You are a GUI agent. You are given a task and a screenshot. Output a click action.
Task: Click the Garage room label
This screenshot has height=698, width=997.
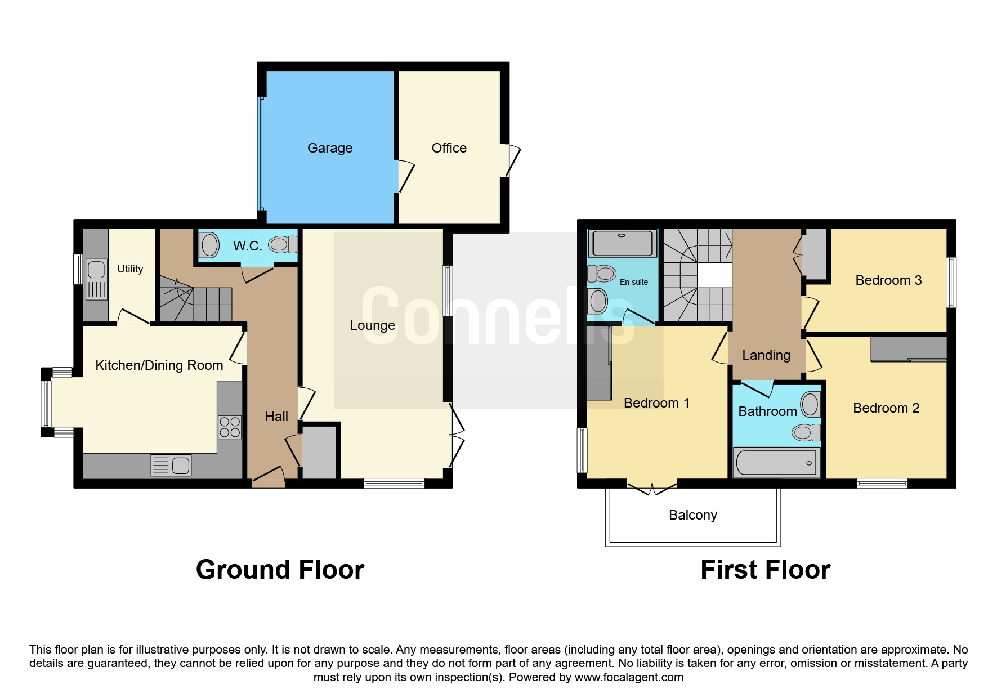coord(330,148)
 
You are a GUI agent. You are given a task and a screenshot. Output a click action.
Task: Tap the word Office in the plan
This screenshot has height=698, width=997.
coord(449,148)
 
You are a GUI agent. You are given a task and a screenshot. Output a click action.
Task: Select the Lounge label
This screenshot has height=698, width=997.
coord(373,325)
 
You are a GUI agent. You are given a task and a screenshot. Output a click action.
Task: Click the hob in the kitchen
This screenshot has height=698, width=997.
coord(230,427)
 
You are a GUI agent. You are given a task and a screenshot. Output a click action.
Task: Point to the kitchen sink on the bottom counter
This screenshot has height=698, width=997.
coord(171,466)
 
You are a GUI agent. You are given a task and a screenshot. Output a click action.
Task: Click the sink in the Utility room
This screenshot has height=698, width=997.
coord(96,280)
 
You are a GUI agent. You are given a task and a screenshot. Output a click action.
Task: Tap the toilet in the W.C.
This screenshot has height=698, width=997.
coord(283,244)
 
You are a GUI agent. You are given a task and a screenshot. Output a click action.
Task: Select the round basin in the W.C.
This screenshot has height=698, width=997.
coord(209,246)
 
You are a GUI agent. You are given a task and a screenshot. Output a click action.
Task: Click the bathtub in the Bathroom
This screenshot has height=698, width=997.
coord(776,463)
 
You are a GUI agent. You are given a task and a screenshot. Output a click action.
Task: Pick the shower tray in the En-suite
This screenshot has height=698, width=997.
coord(622,243)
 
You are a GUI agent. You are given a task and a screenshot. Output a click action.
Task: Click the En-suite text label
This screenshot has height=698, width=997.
coord(634,282)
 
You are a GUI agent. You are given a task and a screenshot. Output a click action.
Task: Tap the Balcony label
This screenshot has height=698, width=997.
coord(693,515)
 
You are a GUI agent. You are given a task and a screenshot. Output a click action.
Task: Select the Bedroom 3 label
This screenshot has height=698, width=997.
coord(888,280)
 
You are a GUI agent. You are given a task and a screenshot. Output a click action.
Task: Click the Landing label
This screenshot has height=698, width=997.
coord(766,355)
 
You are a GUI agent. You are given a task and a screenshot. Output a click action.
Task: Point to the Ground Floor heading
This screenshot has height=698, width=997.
coord(280,570)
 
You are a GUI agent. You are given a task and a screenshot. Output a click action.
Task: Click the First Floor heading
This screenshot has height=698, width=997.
coord(765,570)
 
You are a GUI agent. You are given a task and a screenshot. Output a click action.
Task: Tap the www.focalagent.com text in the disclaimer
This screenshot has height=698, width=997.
coord(629,677)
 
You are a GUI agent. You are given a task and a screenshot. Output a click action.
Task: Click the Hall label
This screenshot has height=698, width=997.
coord(276,417)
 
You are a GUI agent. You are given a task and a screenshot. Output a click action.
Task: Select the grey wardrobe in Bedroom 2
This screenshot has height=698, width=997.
coord(909,348)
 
